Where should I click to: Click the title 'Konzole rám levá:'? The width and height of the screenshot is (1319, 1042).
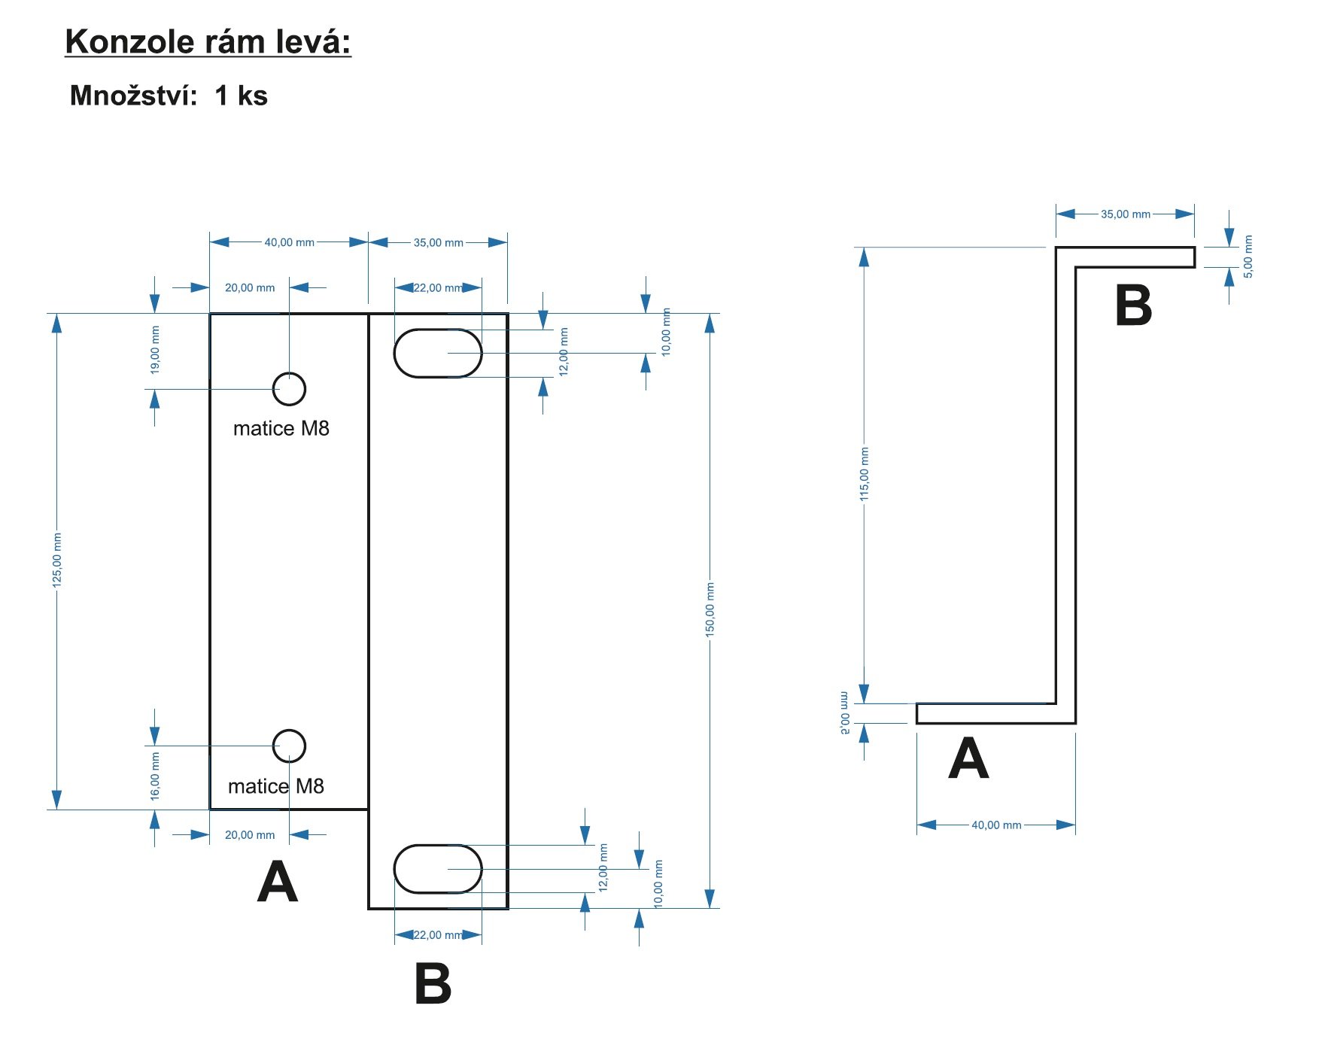[x=208, y=42]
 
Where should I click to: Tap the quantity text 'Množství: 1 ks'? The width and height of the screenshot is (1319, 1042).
[x=169, y=96]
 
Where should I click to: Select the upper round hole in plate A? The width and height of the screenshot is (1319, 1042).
[x=289, y=389]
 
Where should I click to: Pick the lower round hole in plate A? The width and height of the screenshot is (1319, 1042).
[x=289, y=746]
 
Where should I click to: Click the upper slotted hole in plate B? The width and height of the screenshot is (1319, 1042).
[x=438, y=353]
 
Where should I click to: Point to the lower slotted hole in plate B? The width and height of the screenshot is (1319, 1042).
[x=438, y=869]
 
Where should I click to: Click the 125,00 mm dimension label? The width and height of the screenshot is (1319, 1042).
[x=57, y=560]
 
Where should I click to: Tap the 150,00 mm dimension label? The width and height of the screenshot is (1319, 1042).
[x=710, y=609]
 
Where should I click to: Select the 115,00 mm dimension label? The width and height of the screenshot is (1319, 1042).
[x=864, y=474]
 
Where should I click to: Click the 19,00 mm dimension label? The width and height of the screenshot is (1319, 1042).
[x=155, y=350]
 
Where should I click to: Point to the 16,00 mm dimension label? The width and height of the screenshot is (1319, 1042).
[x=155, y=776]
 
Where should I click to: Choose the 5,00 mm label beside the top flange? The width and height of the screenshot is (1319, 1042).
[x=1248, y=257]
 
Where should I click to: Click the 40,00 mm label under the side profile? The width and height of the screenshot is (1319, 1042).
[x=996, y=825]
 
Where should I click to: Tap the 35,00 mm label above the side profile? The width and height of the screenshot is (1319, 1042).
[x=1125, y=214]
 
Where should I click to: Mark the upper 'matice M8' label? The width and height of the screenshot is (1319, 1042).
[x=281, y=429]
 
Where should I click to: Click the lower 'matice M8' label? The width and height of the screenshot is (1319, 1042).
[x=276, y=786]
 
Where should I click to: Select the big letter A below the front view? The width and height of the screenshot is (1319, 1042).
[x=278, y=882]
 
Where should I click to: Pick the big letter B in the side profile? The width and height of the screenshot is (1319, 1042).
[x=1133, y=305]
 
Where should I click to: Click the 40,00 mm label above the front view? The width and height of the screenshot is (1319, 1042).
[x=289, y=242]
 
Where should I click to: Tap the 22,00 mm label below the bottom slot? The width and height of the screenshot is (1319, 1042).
[x=437, y=935]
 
